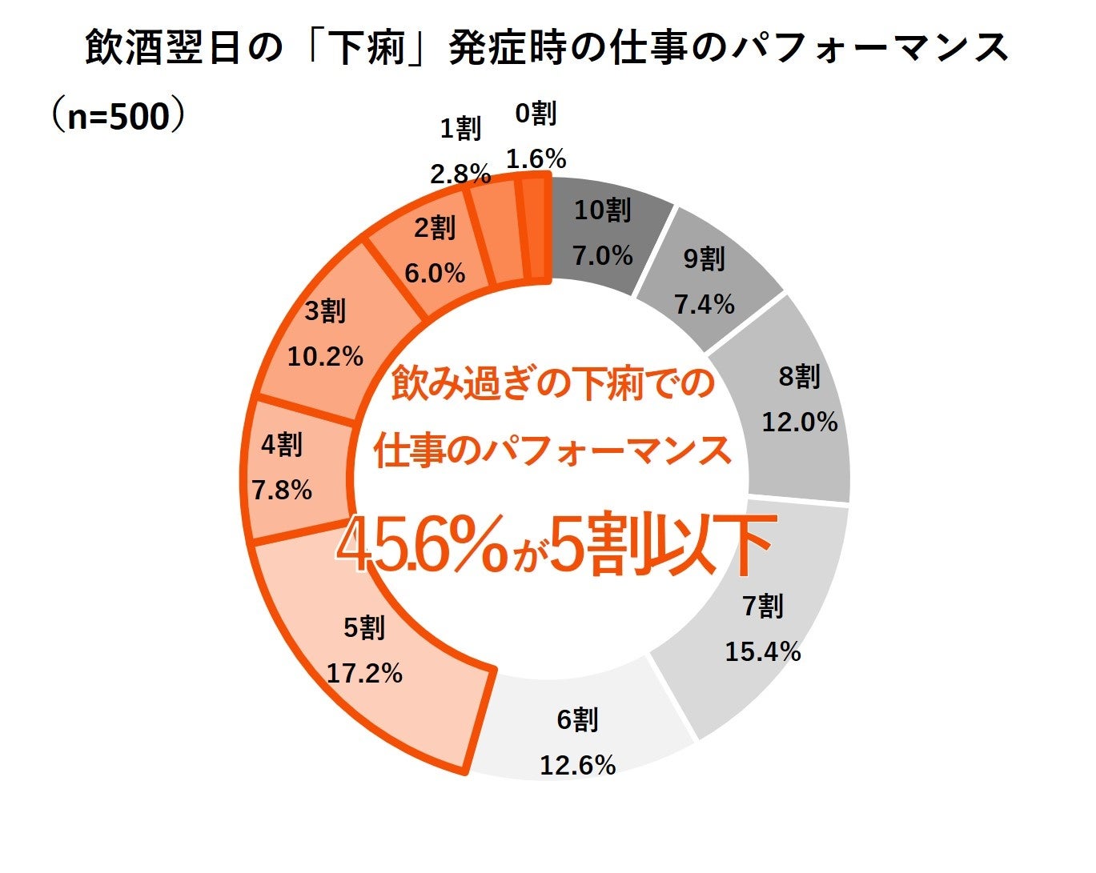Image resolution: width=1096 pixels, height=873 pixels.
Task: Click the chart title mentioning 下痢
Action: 547,48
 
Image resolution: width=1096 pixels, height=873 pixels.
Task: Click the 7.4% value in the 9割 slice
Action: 704,304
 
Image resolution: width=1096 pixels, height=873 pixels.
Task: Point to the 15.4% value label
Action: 762,651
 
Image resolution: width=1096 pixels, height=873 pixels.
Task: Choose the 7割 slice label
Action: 762,607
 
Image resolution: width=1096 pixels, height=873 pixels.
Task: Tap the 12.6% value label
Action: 577,765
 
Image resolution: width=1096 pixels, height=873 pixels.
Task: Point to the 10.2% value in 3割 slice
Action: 325,357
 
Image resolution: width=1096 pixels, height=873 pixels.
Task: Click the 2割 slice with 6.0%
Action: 435,252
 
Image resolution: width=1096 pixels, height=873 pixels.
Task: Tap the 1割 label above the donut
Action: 460,128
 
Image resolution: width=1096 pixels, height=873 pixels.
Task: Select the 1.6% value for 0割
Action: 536,158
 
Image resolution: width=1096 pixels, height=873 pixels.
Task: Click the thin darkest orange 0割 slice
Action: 537,230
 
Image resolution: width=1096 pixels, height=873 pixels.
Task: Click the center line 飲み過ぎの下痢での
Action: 552,384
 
